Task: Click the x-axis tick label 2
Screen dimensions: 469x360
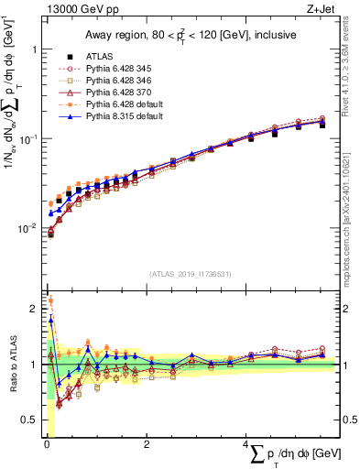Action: (147, 445)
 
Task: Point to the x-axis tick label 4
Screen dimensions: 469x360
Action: (246, 445)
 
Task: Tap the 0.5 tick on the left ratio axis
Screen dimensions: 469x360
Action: (31, 420)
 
